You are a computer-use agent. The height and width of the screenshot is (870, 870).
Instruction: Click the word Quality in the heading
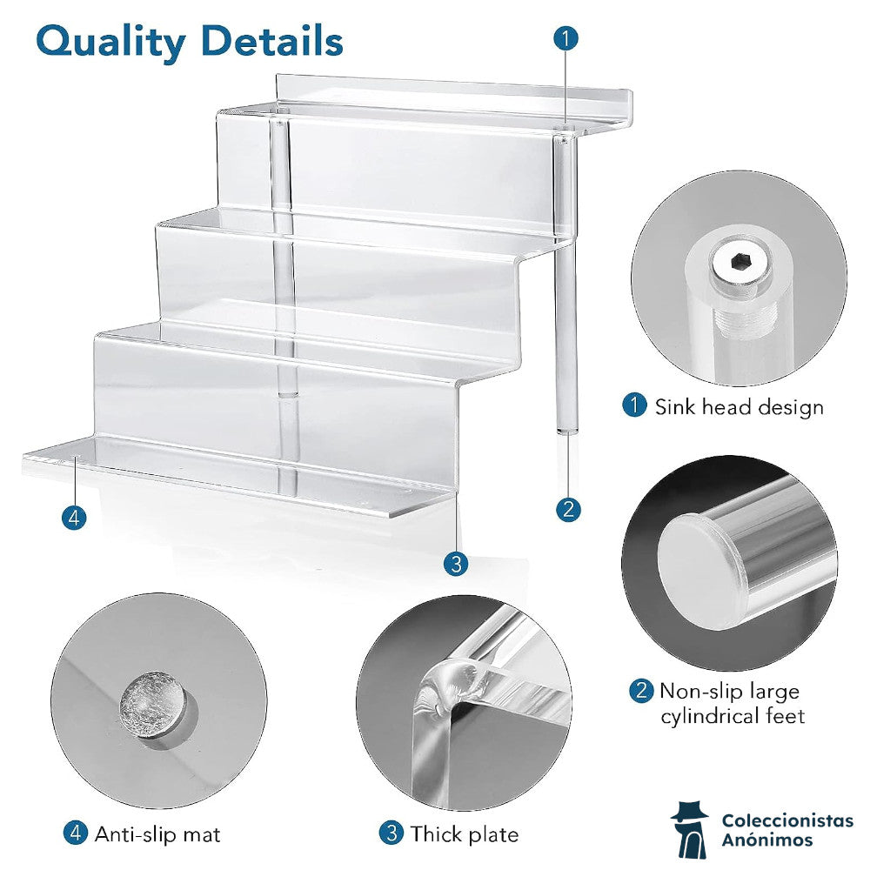[111, 43]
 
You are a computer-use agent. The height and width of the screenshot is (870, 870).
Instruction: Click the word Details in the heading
[272, 41]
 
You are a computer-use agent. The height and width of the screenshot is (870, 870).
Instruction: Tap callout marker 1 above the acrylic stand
[566, 38]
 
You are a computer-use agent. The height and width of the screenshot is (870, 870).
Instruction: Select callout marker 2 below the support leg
[568, 509]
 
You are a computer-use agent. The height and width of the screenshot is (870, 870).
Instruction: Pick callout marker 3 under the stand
[456, 564]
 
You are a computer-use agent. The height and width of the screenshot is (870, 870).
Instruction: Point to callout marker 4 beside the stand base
[74, 518]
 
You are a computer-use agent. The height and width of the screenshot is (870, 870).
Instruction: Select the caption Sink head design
[739, 407]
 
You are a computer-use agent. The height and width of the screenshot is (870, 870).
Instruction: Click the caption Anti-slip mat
[157, 834]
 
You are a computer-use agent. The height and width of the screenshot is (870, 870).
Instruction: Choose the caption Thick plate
[465, 834]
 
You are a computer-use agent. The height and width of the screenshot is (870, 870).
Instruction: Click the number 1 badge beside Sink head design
[635, 405]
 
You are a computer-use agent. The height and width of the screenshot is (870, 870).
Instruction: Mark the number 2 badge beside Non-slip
[641, 691]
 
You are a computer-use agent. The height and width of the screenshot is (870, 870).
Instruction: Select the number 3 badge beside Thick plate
[391, 833]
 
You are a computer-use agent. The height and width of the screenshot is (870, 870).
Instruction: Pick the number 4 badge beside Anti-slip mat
[76, 833]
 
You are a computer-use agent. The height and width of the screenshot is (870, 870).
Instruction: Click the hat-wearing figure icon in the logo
[690, 829]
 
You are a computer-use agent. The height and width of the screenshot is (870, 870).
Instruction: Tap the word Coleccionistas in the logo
[787, 821]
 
